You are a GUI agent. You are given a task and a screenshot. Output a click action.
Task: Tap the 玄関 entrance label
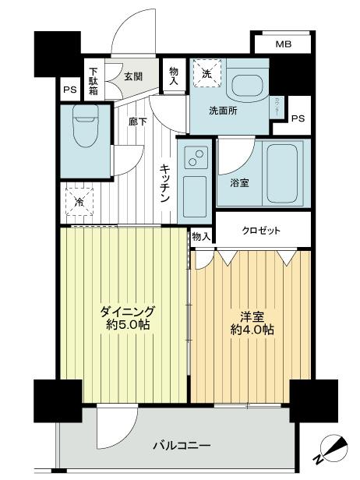tap(132, 76)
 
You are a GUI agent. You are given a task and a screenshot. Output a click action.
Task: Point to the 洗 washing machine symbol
tap(206, 74)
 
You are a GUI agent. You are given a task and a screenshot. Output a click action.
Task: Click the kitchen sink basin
tap(194, 191)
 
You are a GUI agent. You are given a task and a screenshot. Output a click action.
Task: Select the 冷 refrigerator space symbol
tap(79, 201)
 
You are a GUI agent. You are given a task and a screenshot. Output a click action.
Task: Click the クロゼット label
tap(261, 231)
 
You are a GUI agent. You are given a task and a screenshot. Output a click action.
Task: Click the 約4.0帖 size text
tap(251, 330)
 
